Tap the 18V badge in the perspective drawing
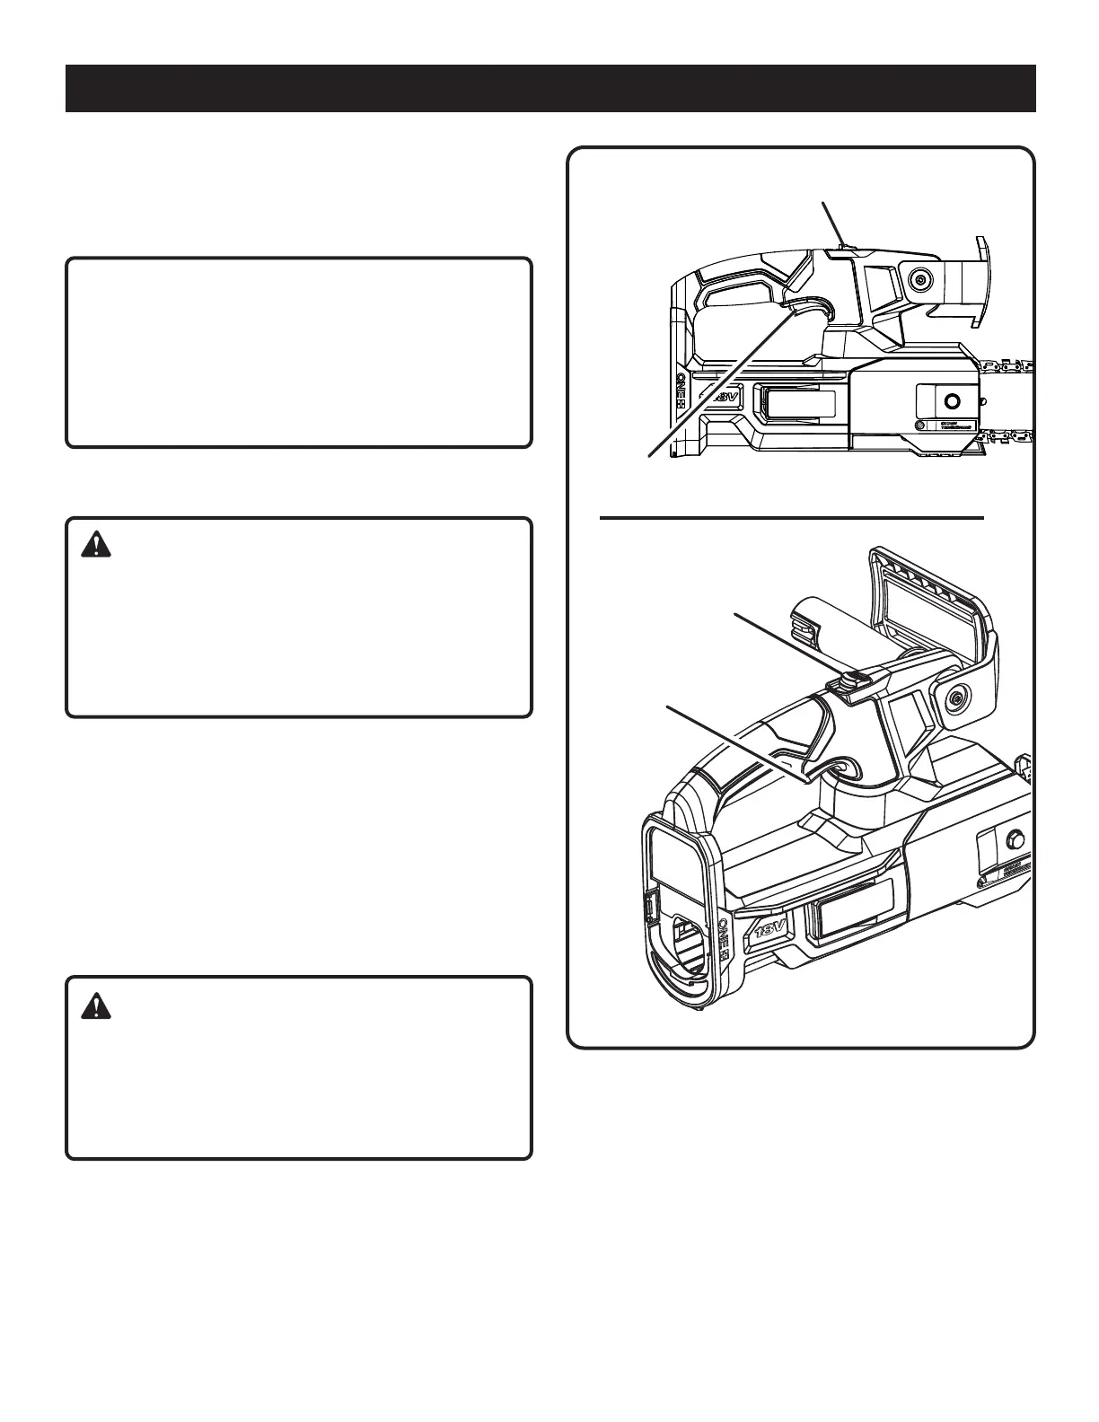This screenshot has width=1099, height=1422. [x=770, y=924]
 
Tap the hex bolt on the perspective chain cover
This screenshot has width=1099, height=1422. [x=1015, y=840]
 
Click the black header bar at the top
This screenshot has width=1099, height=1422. [x=550, y=88]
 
